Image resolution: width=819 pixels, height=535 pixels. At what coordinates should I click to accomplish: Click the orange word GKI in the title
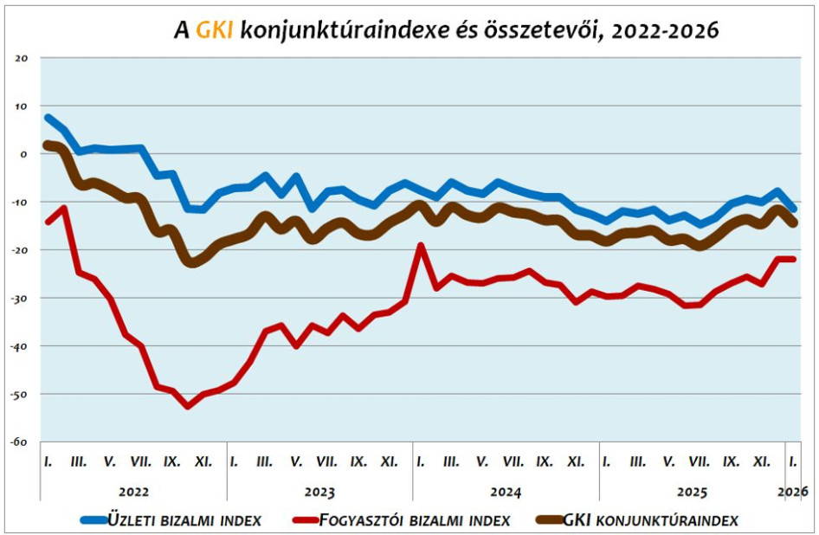click(x=213, y=31)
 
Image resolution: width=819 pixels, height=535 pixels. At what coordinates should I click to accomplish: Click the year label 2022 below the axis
click(x=133, y=492)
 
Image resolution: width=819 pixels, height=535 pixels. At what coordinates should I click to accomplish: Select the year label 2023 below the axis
click(x=319, y=492)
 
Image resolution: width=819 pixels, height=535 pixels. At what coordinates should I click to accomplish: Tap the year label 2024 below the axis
click(x=506, y=492)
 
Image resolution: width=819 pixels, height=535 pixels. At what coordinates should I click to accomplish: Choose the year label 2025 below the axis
click(x=691, y=492)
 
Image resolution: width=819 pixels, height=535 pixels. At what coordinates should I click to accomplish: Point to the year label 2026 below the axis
click(x=793, y=492)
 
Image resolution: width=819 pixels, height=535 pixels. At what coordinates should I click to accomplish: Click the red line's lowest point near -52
click(x=188, y=405)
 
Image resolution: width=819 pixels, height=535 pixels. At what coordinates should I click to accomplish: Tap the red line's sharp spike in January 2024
click(x=421, y=246)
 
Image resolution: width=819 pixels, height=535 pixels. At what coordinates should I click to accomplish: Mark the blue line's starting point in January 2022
click(x=48, y=117)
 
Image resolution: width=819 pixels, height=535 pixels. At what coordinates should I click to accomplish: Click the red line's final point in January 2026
click(x=793, y=259)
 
